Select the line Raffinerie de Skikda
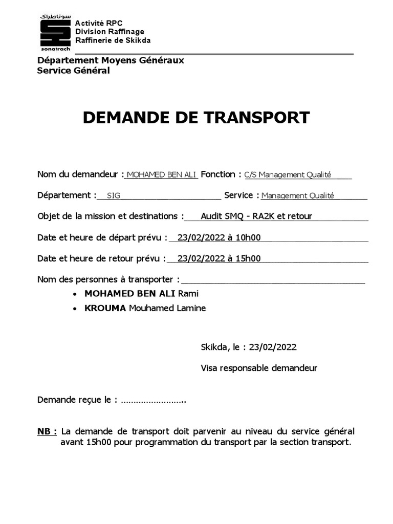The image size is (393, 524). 113,40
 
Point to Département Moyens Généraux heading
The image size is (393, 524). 111,60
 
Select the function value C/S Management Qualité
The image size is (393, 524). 288,174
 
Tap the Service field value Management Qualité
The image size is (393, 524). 297,195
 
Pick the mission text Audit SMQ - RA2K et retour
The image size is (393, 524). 256,216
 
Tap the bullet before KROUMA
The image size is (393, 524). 76,309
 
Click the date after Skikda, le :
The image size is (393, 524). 273,347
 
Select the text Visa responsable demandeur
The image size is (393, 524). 259,367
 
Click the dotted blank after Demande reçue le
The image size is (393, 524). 154,399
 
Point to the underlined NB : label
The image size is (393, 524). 47,431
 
